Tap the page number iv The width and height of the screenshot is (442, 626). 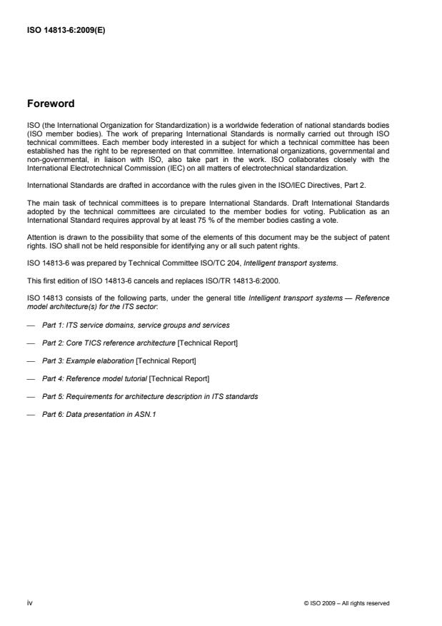(29, 603)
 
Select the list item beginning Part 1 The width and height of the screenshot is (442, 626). (136, 325)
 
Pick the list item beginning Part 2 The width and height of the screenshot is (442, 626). (140, 343)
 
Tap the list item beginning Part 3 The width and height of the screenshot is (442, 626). (119, 360)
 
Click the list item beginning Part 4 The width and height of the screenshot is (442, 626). (126, 378)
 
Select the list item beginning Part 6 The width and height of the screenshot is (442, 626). (99, 414)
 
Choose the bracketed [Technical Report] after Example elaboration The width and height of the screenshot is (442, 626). (165, 360)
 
